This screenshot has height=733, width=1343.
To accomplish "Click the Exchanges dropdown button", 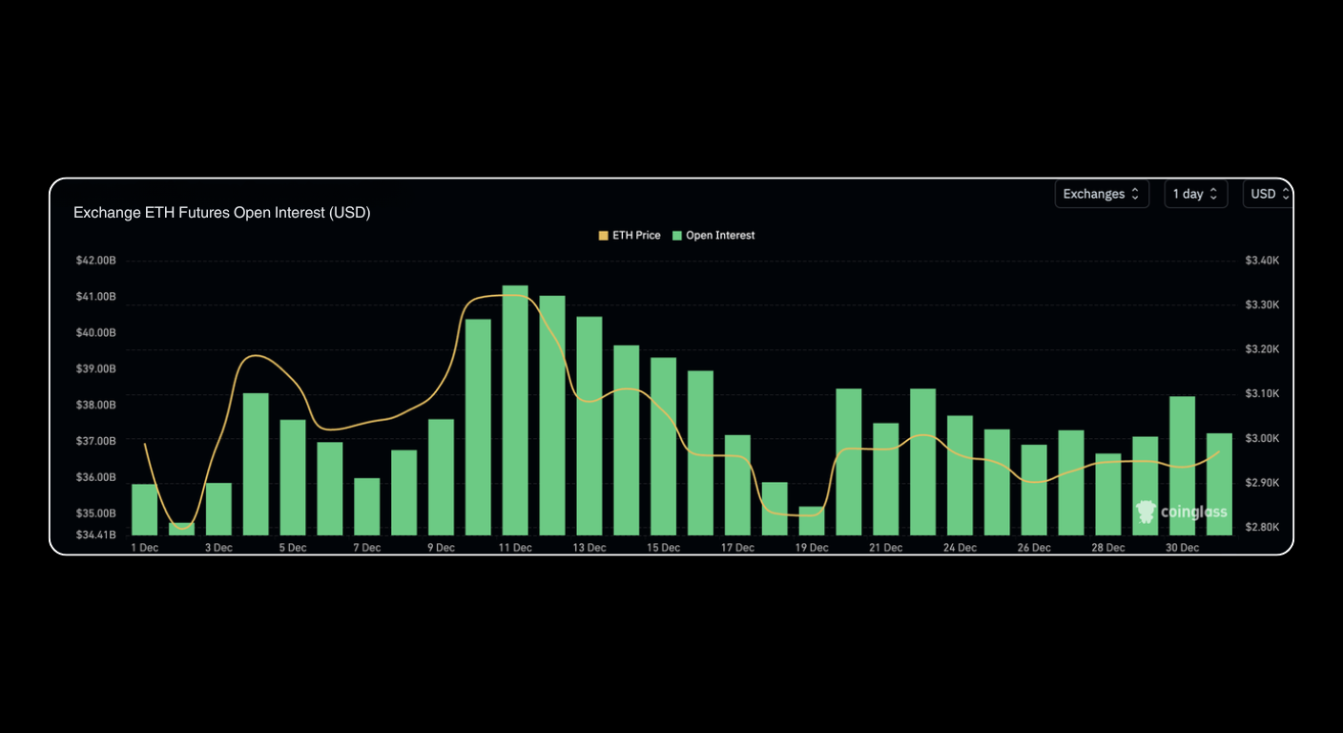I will pyautogui.click(x=1101, y=194).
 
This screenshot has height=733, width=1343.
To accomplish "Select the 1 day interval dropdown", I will pyautogui.click(x=1195, y=194).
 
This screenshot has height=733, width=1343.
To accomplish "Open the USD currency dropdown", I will pyautogui.click(x=1268, y=194).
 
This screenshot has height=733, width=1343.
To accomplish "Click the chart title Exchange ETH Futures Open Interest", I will pyautogui.click(x=221, y=213).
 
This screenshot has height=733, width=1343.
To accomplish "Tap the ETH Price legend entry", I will pyautogui.click(x=630, y=236).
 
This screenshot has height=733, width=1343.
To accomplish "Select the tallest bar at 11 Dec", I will pyautogui.click(x=515, y=410).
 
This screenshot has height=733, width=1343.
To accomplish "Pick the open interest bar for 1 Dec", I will pyautogui.click(x=144, y=510).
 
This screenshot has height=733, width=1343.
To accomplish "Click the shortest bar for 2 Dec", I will pyautogui.click(x=181, y=529).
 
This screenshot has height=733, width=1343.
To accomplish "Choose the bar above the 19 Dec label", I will pyautogui.click(x=811, y=521).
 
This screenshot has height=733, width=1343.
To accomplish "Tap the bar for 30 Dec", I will pyautogui.click(x=1182, y=466).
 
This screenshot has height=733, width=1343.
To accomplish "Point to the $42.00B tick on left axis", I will pyautogui.click(x=96, y=261).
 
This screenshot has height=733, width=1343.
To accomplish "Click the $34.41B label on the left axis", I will pyautogui.click(x=96, y=535).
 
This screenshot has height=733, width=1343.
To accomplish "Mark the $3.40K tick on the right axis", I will pyautogui.click(x=1262, y=261).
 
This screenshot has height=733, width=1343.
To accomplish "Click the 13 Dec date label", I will pyautogui.click(x=589, y=548).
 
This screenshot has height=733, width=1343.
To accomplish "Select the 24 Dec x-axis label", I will pyautogui.click(x=960, y=548).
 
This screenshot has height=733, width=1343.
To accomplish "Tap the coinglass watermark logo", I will pyautogui.click(x=1181, y=513).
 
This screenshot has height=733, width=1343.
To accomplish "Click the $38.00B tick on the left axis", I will pyautogui.click(x=96, y=405).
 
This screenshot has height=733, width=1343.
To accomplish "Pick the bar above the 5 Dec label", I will pyautogui.click(x=293, y=477).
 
